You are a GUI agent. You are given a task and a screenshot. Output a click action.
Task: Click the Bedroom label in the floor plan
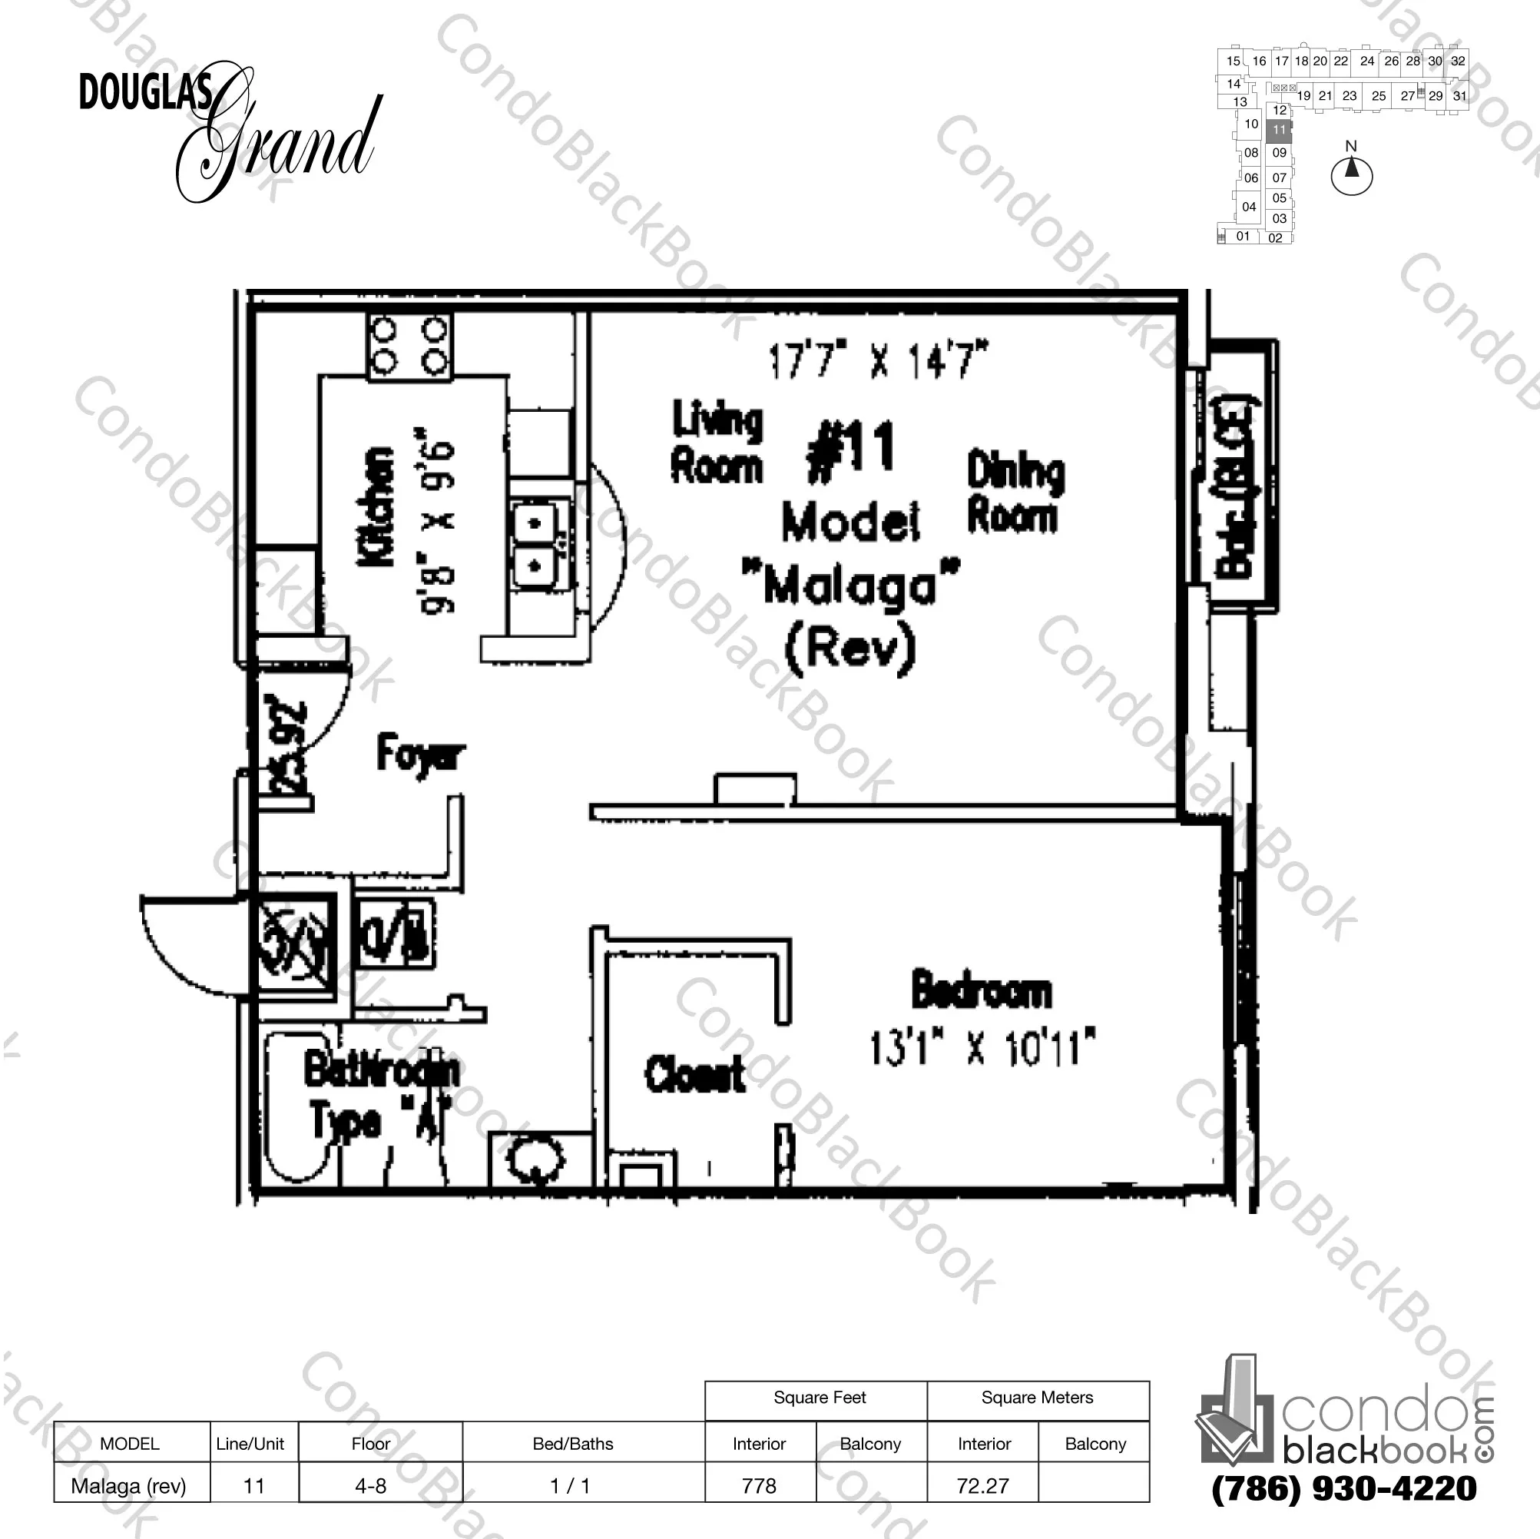coord(982,991)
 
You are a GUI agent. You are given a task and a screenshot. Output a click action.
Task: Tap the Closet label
coord(695,1073)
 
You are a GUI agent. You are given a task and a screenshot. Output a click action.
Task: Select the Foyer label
coord(420,754)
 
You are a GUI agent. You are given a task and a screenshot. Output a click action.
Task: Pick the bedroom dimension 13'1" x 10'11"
coord(982,1047)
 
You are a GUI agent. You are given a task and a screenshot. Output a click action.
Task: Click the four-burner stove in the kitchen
coord(409,345)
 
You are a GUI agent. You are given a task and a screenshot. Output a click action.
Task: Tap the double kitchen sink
coord(540,546)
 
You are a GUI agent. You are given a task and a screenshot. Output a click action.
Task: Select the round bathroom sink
coord(535,1159)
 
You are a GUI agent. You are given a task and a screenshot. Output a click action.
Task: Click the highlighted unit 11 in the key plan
coord(1280,130)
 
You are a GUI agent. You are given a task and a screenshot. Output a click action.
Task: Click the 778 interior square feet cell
coord(759,1485)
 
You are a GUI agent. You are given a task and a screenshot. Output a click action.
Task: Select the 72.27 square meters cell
coord(983,1485)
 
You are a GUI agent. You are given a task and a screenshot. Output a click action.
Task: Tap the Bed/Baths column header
coord(573,1443)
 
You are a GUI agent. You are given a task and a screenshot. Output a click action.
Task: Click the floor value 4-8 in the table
coord(371,1485)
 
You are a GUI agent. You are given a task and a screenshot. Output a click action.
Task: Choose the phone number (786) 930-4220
coord(1344,1489)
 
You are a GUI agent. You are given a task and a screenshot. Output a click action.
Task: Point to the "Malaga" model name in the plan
coord(850,586)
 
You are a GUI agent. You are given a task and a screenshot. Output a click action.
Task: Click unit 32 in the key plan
coord(1458,61)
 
